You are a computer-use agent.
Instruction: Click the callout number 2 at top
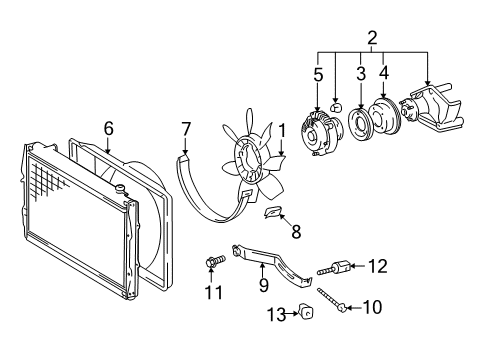(372, 39)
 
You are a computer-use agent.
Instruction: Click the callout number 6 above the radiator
(109, 127)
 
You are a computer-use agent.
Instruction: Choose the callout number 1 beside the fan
(282, 129)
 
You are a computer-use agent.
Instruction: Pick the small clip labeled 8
(272, 212)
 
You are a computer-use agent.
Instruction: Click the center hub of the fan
(249, 161)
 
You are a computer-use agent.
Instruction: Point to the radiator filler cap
(121, 189)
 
